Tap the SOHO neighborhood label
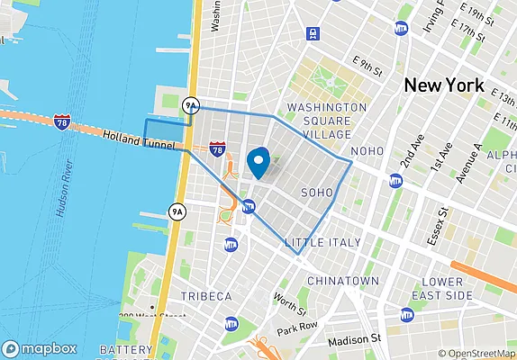tap(317, 192)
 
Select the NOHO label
tap(367, 151)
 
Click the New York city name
tap(444, 86)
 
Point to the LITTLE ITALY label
tap(322, 243)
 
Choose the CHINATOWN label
tap(343, 281)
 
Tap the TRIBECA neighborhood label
tap(205, 296)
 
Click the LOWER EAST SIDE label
tap(441, 288)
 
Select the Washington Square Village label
tap(326, 121)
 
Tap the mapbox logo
tap(40, 349)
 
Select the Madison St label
tap(355, 339)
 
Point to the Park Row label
tap(298, 326)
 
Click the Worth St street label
tap(286, 304)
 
